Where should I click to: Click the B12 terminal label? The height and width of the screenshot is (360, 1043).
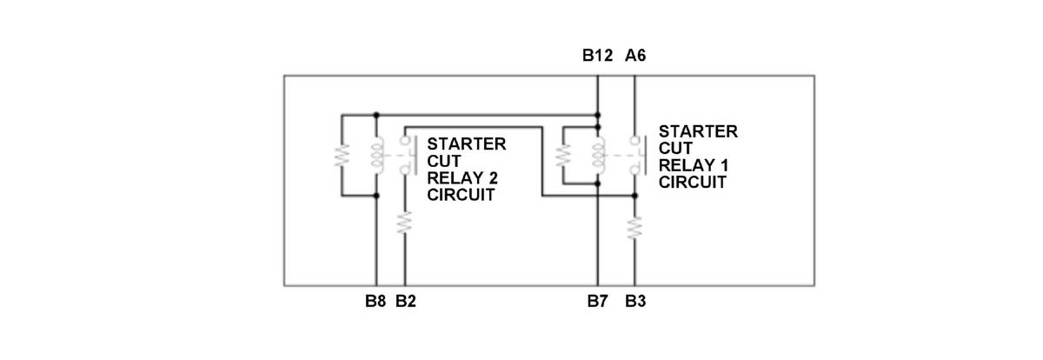tap(597, 56)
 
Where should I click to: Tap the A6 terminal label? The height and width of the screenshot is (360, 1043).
tap(635, 56)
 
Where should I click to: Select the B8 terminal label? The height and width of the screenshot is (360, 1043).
tap(375, 303)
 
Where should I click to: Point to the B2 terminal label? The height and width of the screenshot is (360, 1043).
tap(406, 303)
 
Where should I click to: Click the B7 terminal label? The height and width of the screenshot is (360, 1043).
tap(597, 303)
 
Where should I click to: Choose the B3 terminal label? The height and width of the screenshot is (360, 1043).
tap(635, 303)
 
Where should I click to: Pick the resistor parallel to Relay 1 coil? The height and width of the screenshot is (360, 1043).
tap(562, 155)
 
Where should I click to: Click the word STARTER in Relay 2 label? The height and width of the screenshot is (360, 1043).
tap(466, 143)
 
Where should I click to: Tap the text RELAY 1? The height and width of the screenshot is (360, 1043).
tap(693, 165)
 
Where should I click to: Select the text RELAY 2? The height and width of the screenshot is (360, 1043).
tap(462, 178)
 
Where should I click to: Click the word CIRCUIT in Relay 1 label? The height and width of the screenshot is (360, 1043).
tap(692, 183)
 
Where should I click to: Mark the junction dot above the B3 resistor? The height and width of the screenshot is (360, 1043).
tap(635, 196)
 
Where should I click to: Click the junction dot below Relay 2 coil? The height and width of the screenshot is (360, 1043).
tap(375, 196)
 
